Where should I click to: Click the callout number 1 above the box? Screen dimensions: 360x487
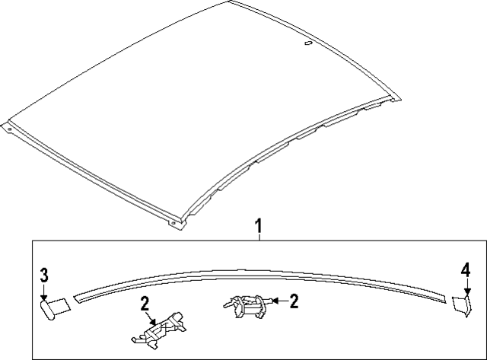point(259,226)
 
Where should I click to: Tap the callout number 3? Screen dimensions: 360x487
point(44,275)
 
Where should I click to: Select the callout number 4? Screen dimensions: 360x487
point(465,269)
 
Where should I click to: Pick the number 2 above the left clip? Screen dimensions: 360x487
point(145,304)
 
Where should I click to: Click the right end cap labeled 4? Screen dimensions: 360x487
point(462,305)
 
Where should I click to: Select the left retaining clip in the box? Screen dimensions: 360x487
point(160,332)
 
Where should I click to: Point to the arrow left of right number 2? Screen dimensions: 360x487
point(275,302)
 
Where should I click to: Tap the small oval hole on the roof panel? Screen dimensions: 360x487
point(307,45)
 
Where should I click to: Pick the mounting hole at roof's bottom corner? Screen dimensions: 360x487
point(173,223)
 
